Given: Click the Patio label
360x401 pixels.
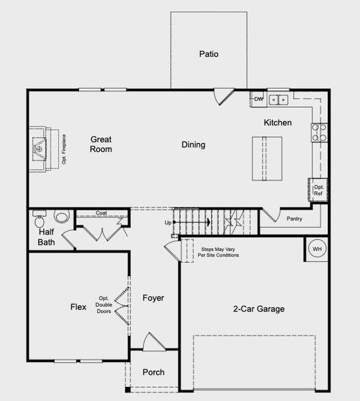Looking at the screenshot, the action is [x=209, y=54].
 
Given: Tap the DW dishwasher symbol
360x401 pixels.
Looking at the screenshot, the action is [x=258, y=99].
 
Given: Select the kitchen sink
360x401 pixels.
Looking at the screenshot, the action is [x=278, y=100].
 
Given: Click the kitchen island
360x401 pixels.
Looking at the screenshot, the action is [x=267, y=158].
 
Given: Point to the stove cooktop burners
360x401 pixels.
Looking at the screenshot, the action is [x=319, y=132].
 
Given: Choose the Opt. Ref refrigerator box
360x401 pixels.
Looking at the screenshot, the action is [x=318, y=190].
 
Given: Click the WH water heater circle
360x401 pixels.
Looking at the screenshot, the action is [x=317, y=249].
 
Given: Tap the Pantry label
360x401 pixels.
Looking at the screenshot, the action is [x=294, y=219].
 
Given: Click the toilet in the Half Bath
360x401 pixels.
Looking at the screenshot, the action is [x=39, y=219].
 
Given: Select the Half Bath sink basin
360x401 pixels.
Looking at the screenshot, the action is [x=62, y=216].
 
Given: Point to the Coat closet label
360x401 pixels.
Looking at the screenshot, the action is [x=101, y=213].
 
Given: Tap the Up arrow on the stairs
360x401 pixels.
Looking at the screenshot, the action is [x=192, y=223].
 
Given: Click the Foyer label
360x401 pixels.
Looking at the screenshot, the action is [x=153, y=298].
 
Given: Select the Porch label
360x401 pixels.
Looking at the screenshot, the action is [x=153, y=372].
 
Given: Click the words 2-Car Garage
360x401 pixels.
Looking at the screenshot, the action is [x=258, y=309].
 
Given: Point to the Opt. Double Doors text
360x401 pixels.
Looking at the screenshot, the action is [x=104, y=305].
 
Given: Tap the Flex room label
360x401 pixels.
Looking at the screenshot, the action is [x=78, y=307].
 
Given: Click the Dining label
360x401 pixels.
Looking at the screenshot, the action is [x=193, y=145].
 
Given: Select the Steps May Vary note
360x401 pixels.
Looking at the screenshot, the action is [x=218, y=252].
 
